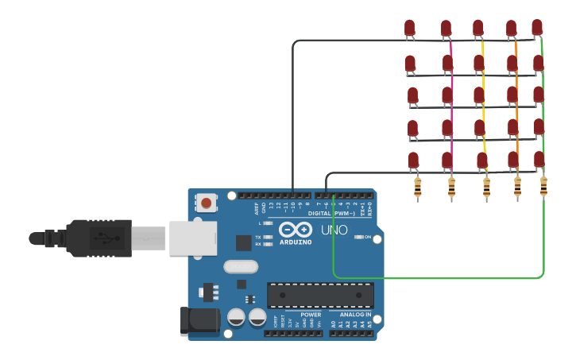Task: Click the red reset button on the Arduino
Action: tap(207, 203)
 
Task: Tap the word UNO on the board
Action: tap(334, 230)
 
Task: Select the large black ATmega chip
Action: tap(320, 295)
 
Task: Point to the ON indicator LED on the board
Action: tap(358, 237)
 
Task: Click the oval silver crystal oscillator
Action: tap(241, 266)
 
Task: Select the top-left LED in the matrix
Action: tap(409, 29)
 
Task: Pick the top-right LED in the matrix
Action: tap(537, 27)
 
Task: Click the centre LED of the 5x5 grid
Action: tap(479, 95)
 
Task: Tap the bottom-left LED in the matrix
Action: tap(413, 160)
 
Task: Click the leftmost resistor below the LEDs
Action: tap(418, 188)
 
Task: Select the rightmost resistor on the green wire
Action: tap(543, 186)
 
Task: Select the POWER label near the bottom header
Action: tap(311, 315)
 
